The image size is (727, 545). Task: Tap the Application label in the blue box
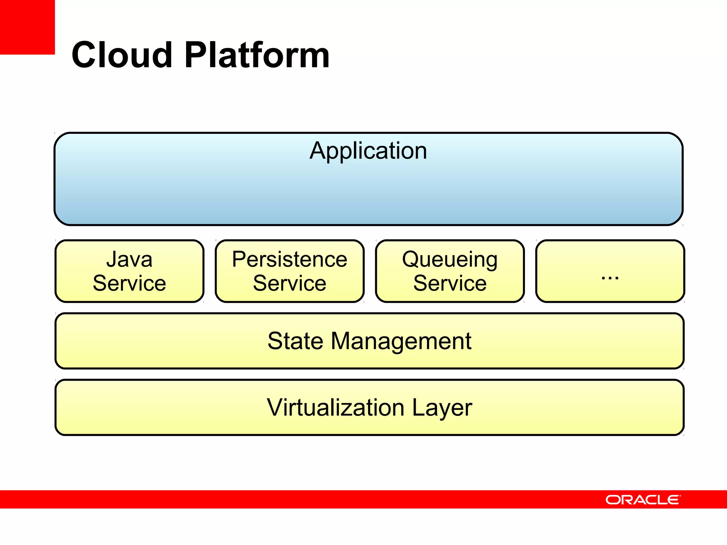point(368,151)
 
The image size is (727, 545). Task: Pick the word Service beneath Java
point(129,283)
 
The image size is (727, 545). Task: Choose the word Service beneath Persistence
point(289,283)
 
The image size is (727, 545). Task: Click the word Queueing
point(450,260)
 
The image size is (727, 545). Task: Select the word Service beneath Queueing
point(450,283)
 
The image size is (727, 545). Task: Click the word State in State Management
point(295,341)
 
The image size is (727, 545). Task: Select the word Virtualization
point(335,407)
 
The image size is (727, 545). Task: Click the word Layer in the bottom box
point(442,408)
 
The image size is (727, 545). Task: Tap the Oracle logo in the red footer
point(643,500)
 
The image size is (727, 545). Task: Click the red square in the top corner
point(27,27)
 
